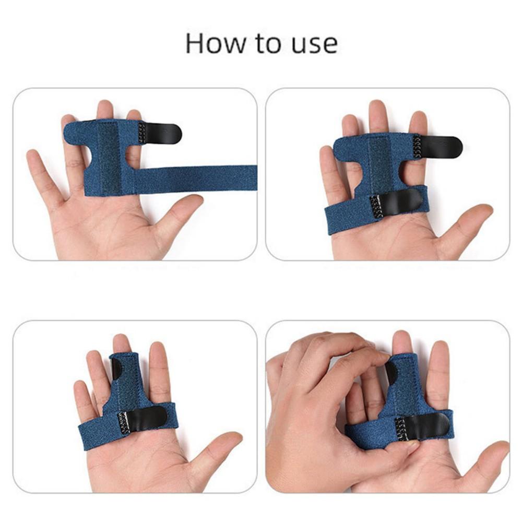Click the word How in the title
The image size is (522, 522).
click(212, 43)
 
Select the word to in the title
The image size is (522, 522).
click(268, 44)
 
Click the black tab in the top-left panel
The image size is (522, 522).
click(164, 133)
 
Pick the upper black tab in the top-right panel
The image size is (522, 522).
click(441, 147)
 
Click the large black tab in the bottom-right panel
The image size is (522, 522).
click(425, 425)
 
